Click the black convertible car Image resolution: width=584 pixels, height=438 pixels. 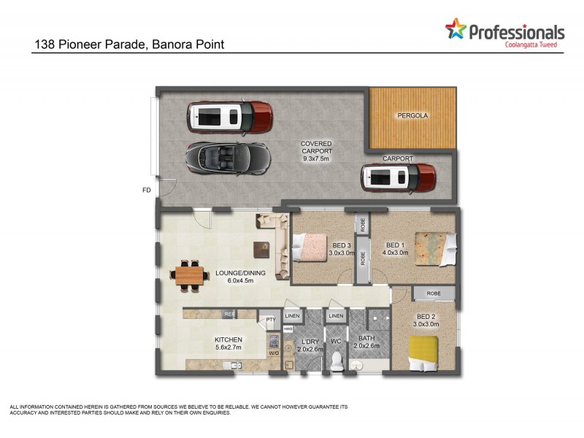(227, 155)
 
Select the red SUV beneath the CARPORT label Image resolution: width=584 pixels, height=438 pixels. (398, 177)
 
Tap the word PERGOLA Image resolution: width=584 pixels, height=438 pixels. (412, 116)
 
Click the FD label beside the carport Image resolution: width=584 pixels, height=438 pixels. (146, 191)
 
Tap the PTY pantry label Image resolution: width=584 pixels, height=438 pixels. (269, 319)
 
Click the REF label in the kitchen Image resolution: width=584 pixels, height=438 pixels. (228, 315)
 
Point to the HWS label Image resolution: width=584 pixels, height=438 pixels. (277, 330)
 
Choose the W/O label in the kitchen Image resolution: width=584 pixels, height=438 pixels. (274, 354)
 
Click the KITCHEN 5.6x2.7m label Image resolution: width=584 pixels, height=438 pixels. (228, 344)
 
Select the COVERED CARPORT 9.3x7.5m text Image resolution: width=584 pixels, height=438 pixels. (316, 151)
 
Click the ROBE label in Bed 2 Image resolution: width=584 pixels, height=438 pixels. (434, 294)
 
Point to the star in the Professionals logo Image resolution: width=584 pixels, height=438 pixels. (456, 30)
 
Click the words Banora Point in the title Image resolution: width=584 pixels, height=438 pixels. (189, 45)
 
